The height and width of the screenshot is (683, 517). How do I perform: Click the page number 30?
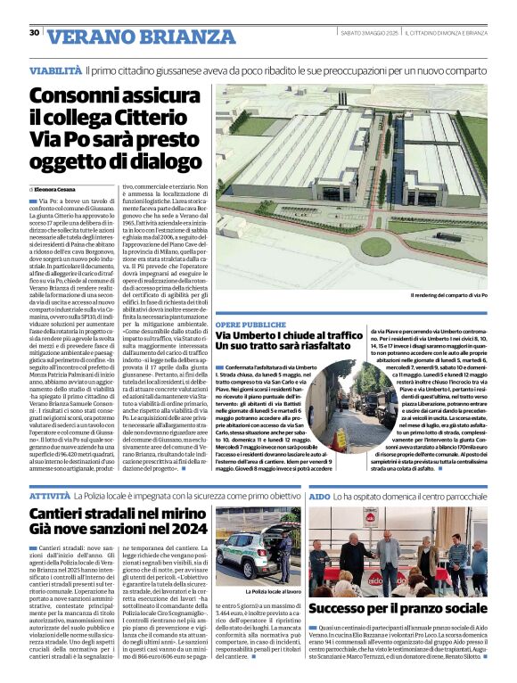coord(34,32)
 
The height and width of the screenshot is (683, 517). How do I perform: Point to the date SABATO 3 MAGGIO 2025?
coord(368,33)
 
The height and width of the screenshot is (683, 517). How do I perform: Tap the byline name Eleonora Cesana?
coord(56,190)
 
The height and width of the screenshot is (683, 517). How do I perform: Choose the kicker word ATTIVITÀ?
coord(49,494)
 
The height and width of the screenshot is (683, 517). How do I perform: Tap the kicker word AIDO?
coord(319,494)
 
